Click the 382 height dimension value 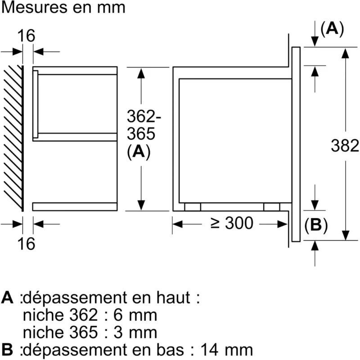345,145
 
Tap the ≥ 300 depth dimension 232,223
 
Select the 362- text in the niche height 144,116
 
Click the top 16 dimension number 26,36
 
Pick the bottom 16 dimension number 26,243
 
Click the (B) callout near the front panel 316,225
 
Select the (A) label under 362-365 139,152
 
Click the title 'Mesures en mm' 63,8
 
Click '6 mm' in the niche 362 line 135,315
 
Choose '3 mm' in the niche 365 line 135,333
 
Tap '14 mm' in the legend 227,350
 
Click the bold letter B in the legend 7,350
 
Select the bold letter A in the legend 7,297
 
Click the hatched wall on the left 13,139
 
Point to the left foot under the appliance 193,207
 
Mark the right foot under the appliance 272,207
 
